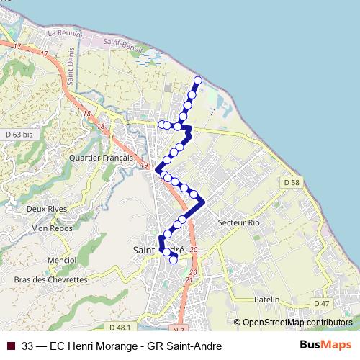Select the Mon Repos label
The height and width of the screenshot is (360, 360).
point(49,228)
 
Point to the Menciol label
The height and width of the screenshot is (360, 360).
point(61,260)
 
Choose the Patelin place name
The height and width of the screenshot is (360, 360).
point(266,299)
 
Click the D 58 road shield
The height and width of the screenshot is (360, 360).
point(292,184)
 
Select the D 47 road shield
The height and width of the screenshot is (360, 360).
point(321,304)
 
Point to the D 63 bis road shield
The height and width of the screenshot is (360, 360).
point(19,135)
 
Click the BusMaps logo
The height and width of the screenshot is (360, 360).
point(326,346)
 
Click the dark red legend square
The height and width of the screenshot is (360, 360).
point(11,346)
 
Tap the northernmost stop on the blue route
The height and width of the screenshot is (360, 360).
point(198,80)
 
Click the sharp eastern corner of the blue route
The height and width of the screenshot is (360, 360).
point(205,201)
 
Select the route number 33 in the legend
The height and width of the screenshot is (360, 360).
point(28,346)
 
